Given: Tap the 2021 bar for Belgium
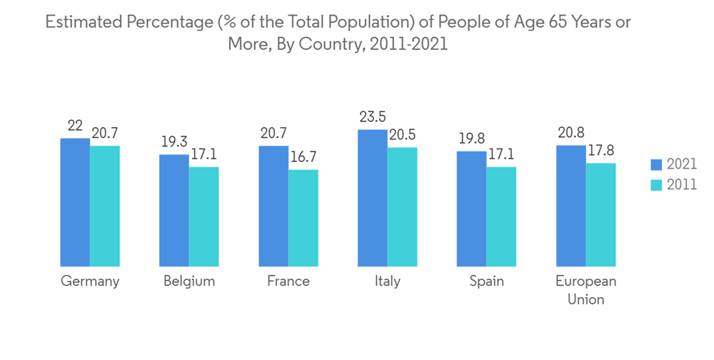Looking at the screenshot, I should pos(174,210).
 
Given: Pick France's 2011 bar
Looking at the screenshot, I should pos(303,218).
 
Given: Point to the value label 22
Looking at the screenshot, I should pos(75,126).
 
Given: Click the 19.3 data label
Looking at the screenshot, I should pos(174,142).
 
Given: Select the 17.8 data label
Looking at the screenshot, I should pos(600,151).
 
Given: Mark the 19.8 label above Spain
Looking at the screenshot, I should pos(471,139).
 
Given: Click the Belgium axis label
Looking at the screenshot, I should pos(188,281).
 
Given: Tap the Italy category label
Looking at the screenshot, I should pos(387,281).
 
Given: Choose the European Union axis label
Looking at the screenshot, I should pos(585,290).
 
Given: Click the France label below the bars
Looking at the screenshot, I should pos(288,281).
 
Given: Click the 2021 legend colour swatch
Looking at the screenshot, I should pos(656,165).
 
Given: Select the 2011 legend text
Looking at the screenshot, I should pos(682,184).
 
